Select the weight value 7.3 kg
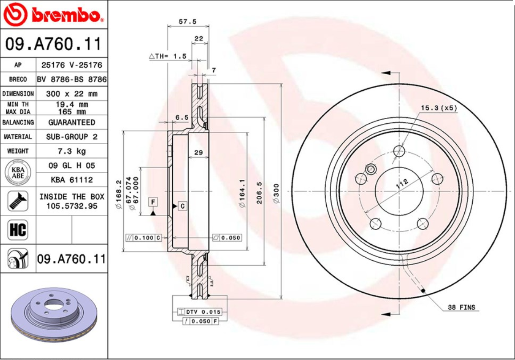(71, 151)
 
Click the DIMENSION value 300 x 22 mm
(71, 94)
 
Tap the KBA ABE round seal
(18, 172)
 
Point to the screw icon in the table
(18, 201)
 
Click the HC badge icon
(18, 230)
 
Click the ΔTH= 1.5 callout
(167, 56)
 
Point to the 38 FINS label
(461, 307)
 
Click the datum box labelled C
(182, 206)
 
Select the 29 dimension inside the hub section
(199, 153)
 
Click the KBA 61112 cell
(71, 179)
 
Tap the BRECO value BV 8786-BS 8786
(71, 80)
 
